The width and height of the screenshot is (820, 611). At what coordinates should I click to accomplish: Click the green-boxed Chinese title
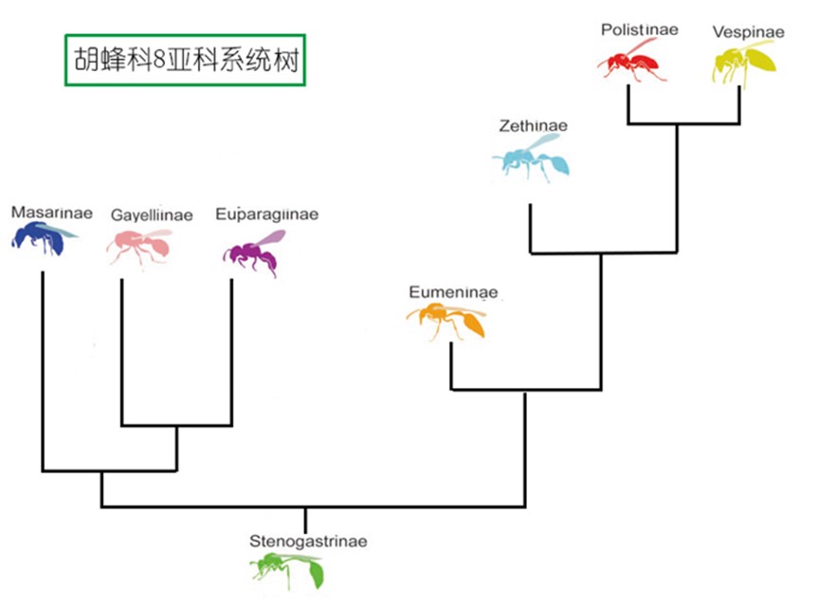point(185,60)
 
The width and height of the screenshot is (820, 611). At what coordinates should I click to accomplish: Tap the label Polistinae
point(639,29)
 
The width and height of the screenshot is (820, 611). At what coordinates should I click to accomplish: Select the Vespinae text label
point(748,32)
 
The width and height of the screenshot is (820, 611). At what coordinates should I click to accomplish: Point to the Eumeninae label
point(453,291)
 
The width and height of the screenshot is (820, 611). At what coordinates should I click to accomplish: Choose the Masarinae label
point(52,213)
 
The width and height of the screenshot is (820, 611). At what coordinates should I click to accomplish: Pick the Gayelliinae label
point(152,215)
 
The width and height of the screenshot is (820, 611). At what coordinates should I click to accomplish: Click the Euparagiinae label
point(266,214)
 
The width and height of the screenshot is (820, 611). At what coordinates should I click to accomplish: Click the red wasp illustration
point(629,63)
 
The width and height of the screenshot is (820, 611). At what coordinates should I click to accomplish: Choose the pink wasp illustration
point(140,246)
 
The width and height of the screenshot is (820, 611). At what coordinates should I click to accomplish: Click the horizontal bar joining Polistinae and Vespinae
point(683,124)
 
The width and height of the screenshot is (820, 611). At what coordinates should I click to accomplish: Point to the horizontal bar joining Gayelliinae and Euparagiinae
point(176,425)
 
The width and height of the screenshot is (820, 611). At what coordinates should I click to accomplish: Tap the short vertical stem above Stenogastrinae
point(305,520)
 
